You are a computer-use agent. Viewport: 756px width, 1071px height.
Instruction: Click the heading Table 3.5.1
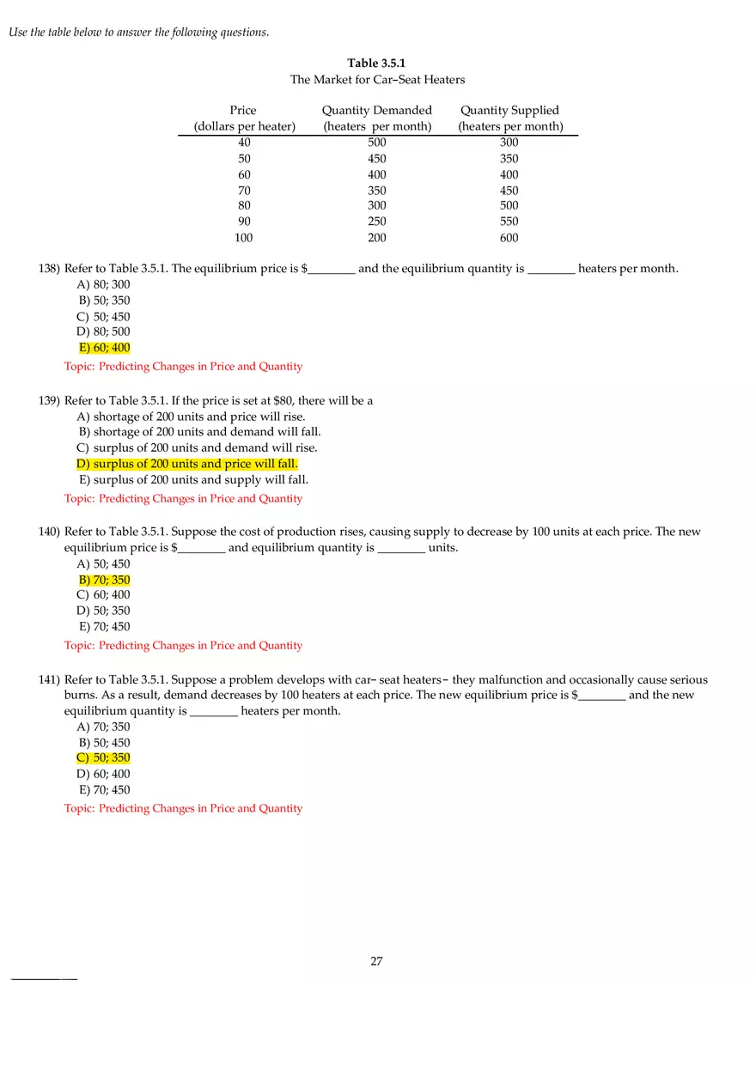tap(376, 63)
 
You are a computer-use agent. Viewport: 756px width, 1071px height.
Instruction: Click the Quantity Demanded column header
tap(377, 118)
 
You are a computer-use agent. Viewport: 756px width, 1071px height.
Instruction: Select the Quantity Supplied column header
tap(510, 118)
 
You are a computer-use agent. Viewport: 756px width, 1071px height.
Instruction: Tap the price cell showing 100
tap(244, 238)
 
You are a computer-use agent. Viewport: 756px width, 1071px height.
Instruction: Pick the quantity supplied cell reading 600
tap(509, 238)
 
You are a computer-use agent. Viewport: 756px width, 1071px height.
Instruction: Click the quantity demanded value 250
tap(376, 222)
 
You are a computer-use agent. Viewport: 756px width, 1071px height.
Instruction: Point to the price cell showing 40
tap(245, 143)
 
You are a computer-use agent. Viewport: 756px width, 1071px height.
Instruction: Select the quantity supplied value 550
tap(509, 222)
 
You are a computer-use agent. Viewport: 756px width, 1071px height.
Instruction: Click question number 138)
tap(49, 269)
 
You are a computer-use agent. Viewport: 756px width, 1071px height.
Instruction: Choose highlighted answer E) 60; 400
tap(104, 348)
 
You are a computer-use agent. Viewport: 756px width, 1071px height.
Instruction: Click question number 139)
tap(49, 401)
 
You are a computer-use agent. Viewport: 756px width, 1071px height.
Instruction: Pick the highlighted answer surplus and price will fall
tap(187, 465)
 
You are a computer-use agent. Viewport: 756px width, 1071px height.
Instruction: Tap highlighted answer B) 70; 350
tap(104, 580)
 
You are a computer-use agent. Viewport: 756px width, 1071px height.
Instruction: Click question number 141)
tap(49, 679)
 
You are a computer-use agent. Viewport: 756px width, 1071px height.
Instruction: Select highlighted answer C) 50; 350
tap(104, 758)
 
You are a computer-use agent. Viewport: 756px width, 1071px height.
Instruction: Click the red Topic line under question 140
tap(183, 646)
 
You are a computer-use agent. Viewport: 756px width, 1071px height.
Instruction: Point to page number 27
tap(376, 961)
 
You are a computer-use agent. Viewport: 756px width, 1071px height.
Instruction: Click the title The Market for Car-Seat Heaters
tap(377, 80)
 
